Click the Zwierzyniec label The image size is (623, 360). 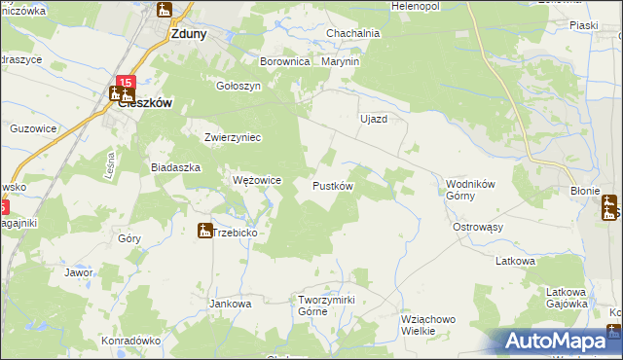click(233, 137)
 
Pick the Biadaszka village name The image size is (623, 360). click(175, 166)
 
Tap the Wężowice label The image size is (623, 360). click(257, 180)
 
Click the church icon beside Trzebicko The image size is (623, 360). click(204, 231)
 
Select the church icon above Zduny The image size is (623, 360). click(164, 11)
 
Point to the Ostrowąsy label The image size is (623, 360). click(477, 226)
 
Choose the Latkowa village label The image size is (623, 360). click(516, 261)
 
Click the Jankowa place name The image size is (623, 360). click(231, 304)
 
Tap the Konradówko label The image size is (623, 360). click(129, 341)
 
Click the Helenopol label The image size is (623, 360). click(416, 6)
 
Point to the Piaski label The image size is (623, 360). click(584, 26)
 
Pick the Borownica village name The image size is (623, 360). click(284, 61)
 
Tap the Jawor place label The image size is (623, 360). click(79, 272)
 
